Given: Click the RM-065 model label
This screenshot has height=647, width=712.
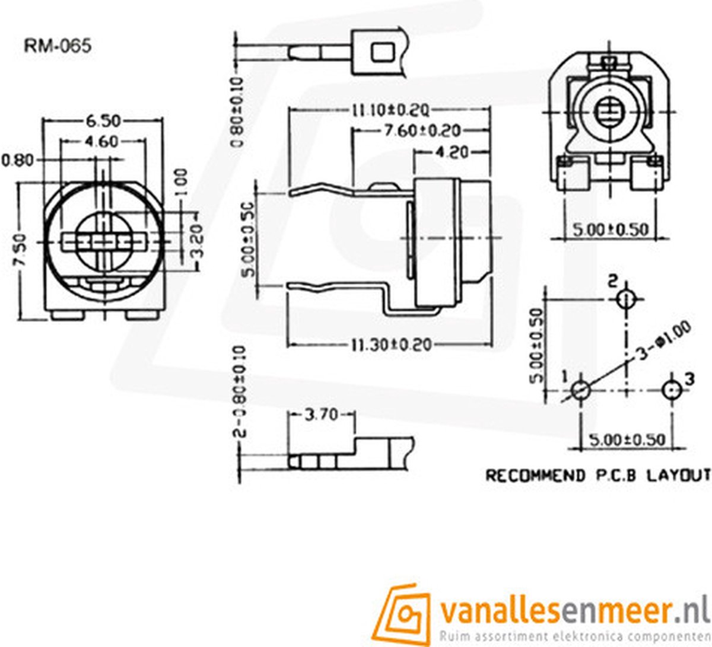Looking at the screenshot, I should coord(58,46).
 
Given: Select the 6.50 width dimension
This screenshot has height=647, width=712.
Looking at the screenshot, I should coord(103,121).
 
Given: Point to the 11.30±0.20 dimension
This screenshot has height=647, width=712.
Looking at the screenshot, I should coord(391,345).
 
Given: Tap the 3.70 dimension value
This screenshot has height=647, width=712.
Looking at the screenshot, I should coord(321,415).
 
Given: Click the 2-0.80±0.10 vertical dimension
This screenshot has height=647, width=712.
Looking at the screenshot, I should coord(241,391).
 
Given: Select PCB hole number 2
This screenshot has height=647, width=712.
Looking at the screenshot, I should coord(625,299).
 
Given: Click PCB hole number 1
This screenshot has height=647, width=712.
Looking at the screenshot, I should coord(580,390).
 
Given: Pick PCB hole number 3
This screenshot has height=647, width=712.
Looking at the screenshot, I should coord(671,390).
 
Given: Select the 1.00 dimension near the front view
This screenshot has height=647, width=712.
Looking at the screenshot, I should coord(182,183).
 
